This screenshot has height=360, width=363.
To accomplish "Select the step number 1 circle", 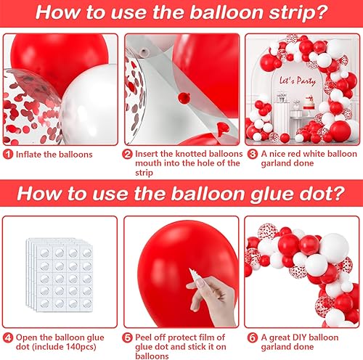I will point(7,154).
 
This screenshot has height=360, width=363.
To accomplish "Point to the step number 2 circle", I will point(128,154).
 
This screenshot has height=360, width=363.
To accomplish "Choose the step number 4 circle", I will point(7,336).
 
